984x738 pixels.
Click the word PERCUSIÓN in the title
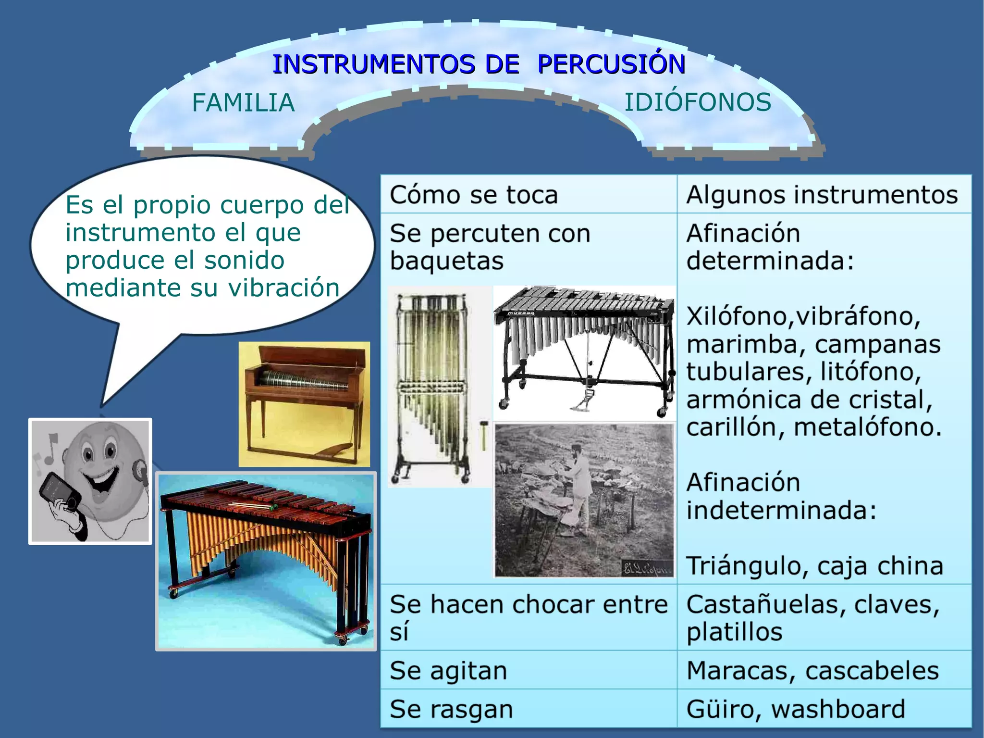click(611, 64)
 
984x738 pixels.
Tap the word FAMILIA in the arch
click(243, 103)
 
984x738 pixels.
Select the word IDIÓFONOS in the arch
click(698, 102)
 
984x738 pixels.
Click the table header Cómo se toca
click(474, 195)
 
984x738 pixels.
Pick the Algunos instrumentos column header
click(822, 195)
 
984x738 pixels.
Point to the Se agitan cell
click(448, 670)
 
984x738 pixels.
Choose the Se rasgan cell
click(451, 709)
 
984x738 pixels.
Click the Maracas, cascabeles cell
click(812, 670)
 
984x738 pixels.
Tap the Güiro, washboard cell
click(796, 709)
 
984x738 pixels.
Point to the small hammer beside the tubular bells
click(483, 435)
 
